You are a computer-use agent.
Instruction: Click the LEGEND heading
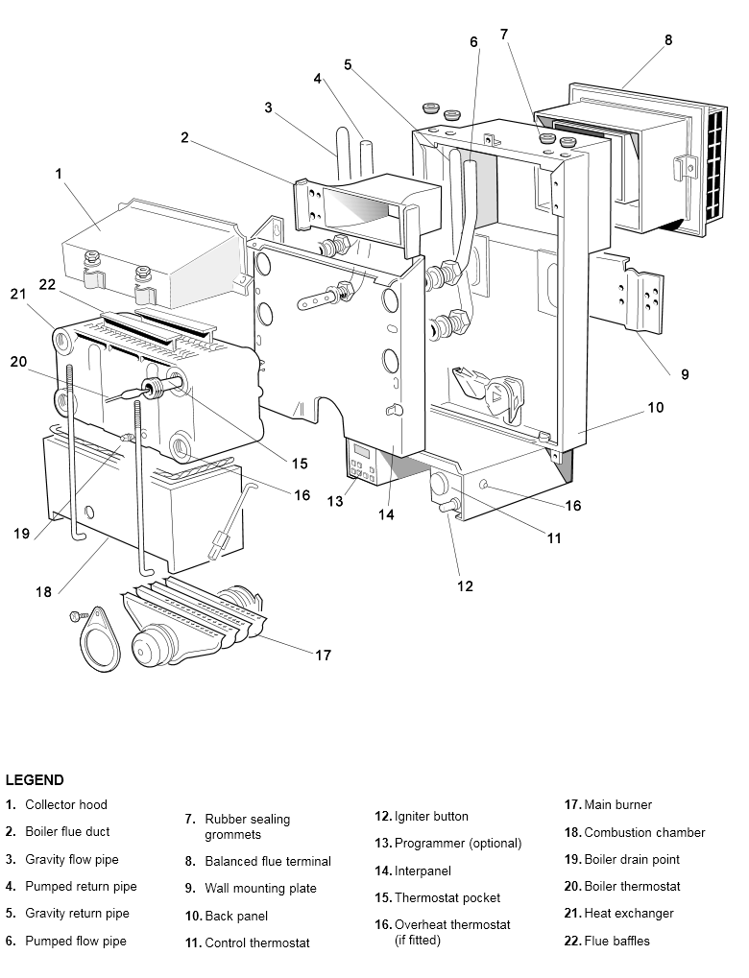coord(35,779)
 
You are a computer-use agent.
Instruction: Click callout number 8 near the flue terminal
coord(668,40)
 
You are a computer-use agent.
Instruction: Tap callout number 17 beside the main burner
coord(323,655)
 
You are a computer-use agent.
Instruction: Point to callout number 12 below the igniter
coord(465,585)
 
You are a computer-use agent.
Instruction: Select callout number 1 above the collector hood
coord(60,174)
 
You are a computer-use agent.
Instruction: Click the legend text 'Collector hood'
coord(66,804)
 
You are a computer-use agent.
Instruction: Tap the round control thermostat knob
coord(439,485)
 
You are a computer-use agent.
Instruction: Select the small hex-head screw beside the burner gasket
coord(79,616)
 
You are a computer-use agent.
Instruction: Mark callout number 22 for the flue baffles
coord(47,284)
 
